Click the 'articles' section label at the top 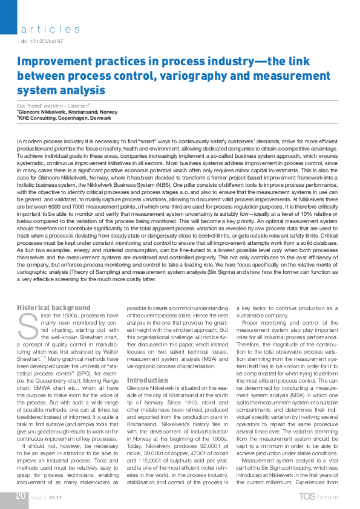(50, 29)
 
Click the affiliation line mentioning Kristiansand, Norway (67, 112)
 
